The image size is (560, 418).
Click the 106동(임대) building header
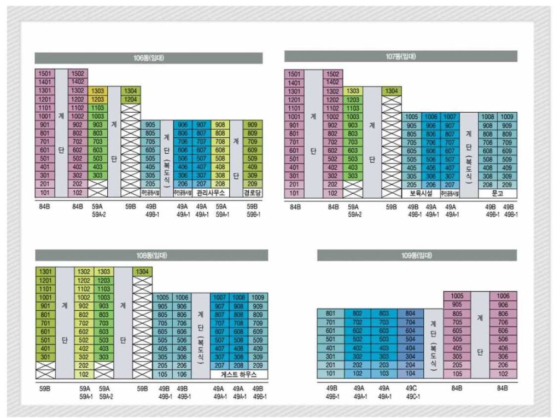coord(148,58)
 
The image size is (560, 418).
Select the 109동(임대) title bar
coord(417,256)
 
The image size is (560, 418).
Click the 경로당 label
coord(253,193)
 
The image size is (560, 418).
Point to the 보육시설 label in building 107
coord(421,193)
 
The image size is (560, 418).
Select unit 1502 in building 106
coord(78,74)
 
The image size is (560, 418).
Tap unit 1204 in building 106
coord(131,99)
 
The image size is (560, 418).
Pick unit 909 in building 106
coord(253,125)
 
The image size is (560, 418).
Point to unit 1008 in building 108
coord(238,298)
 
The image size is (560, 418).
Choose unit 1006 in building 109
coord(503,296)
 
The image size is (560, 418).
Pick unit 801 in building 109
coord(330,313)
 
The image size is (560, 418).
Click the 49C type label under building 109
coord(411,388)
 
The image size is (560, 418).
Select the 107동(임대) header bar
coord(400,56)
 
